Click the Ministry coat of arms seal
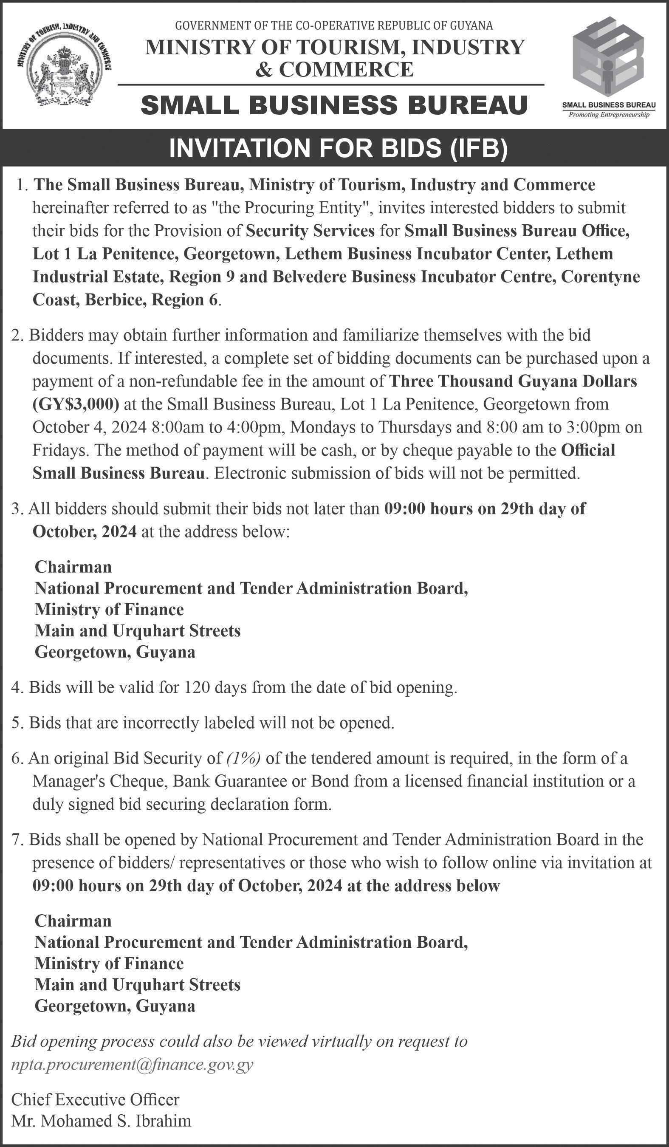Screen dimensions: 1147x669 tap(65, 67)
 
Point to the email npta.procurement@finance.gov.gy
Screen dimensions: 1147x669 tap(132, 1065)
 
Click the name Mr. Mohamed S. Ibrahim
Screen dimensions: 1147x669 tap(101, 1120)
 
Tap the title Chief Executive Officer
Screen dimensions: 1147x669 tap(95, 1099)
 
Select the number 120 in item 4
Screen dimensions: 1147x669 tap(197, 687)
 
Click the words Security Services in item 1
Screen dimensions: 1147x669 tap(311, 231)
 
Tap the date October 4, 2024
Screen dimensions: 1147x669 tap(89, 427)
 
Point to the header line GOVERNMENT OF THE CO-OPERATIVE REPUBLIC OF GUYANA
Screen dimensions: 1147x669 tap(334, 26)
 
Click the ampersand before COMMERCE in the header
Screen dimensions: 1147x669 tap(263, 70)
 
